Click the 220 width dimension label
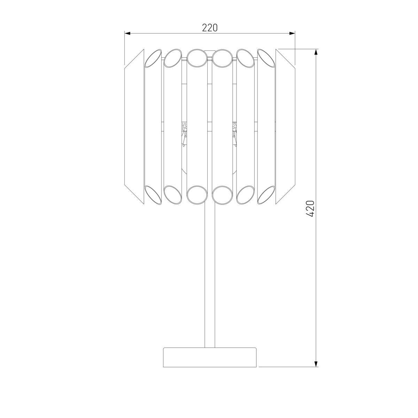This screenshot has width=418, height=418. pyautogui.click(x=210, y=28)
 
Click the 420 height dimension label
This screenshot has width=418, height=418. pyautogui.click(x=310, y=208)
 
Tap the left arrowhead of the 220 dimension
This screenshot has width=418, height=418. pyautogui.click(x=127, y=33)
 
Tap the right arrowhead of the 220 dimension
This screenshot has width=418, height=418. pyautogui.click(x=292, y=33)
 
